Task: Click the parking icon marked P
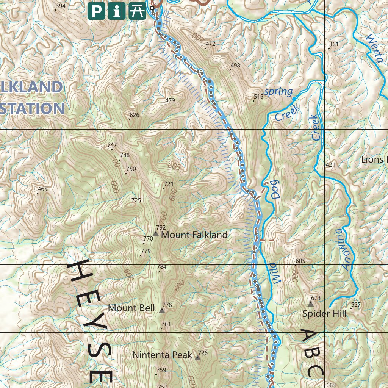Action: click(x=97, y=11)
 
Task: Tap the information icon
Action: click(x=117, y=11)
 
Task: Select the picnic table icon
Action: click(x=137, y=11)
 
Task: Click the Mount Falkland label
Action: click(x=194, y=235)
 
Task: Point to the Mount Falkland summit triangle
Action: click(x=156, y=234)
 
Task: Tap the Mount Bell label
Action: click(x=131, y=308)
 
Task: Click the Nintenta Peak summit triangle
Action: click(x=198, y=357)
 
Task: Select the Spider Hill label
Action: click(x=324, y=314)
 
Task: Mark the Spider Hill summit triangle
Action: click(x=311, y=304)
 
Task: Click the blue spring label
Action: click(x=278, y=92)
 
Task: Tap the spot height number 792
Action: click(x=161, y=228)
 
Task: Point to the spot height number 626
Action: click(x=135, y=115)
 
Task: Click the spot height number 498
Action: click(x=235, y=66)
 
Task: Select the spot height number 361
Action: click(x=334, y=44)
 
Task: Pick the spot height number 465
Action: click(x=42, y=189)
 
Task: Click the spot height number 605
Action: click(x=300, y=261)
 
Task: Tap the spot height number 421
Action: click(x=330, y=165)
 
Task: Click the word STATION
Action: click(x=32, y=108)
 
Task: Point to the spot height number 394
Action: click(x=60, y=6)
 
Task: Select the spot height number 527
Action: click(x=356, y=305)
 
